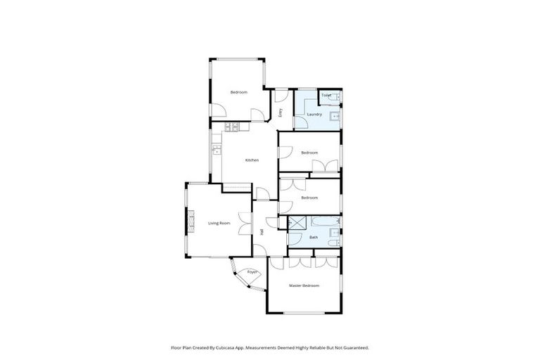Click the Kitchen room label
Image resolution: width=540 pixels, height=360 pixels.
click(252, 160)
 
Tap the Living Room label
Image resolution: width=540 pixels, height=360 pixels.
click(219, 224)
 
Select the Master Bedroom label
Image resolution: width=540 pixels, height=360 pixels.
click(304, 285)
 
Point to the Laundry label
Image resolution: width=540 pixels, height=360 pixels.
click(314, 114)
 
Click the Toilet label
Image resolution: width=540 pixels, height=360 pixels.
click(326, 95)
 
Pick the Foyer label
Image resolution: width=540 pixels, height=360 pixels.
click(252, 271)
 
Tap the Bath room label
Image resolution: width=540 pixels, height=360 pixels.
click(314, 238)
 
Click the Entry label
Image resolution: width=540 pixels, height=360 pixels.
click(281, 112)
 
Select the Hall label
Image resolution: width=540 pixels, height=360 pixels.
click(262, 231)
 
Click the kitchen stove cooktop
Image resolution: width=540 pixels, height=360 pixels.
click(231, 127)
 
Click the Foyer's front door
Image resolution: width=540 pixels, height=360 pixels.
click(238, 278)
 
